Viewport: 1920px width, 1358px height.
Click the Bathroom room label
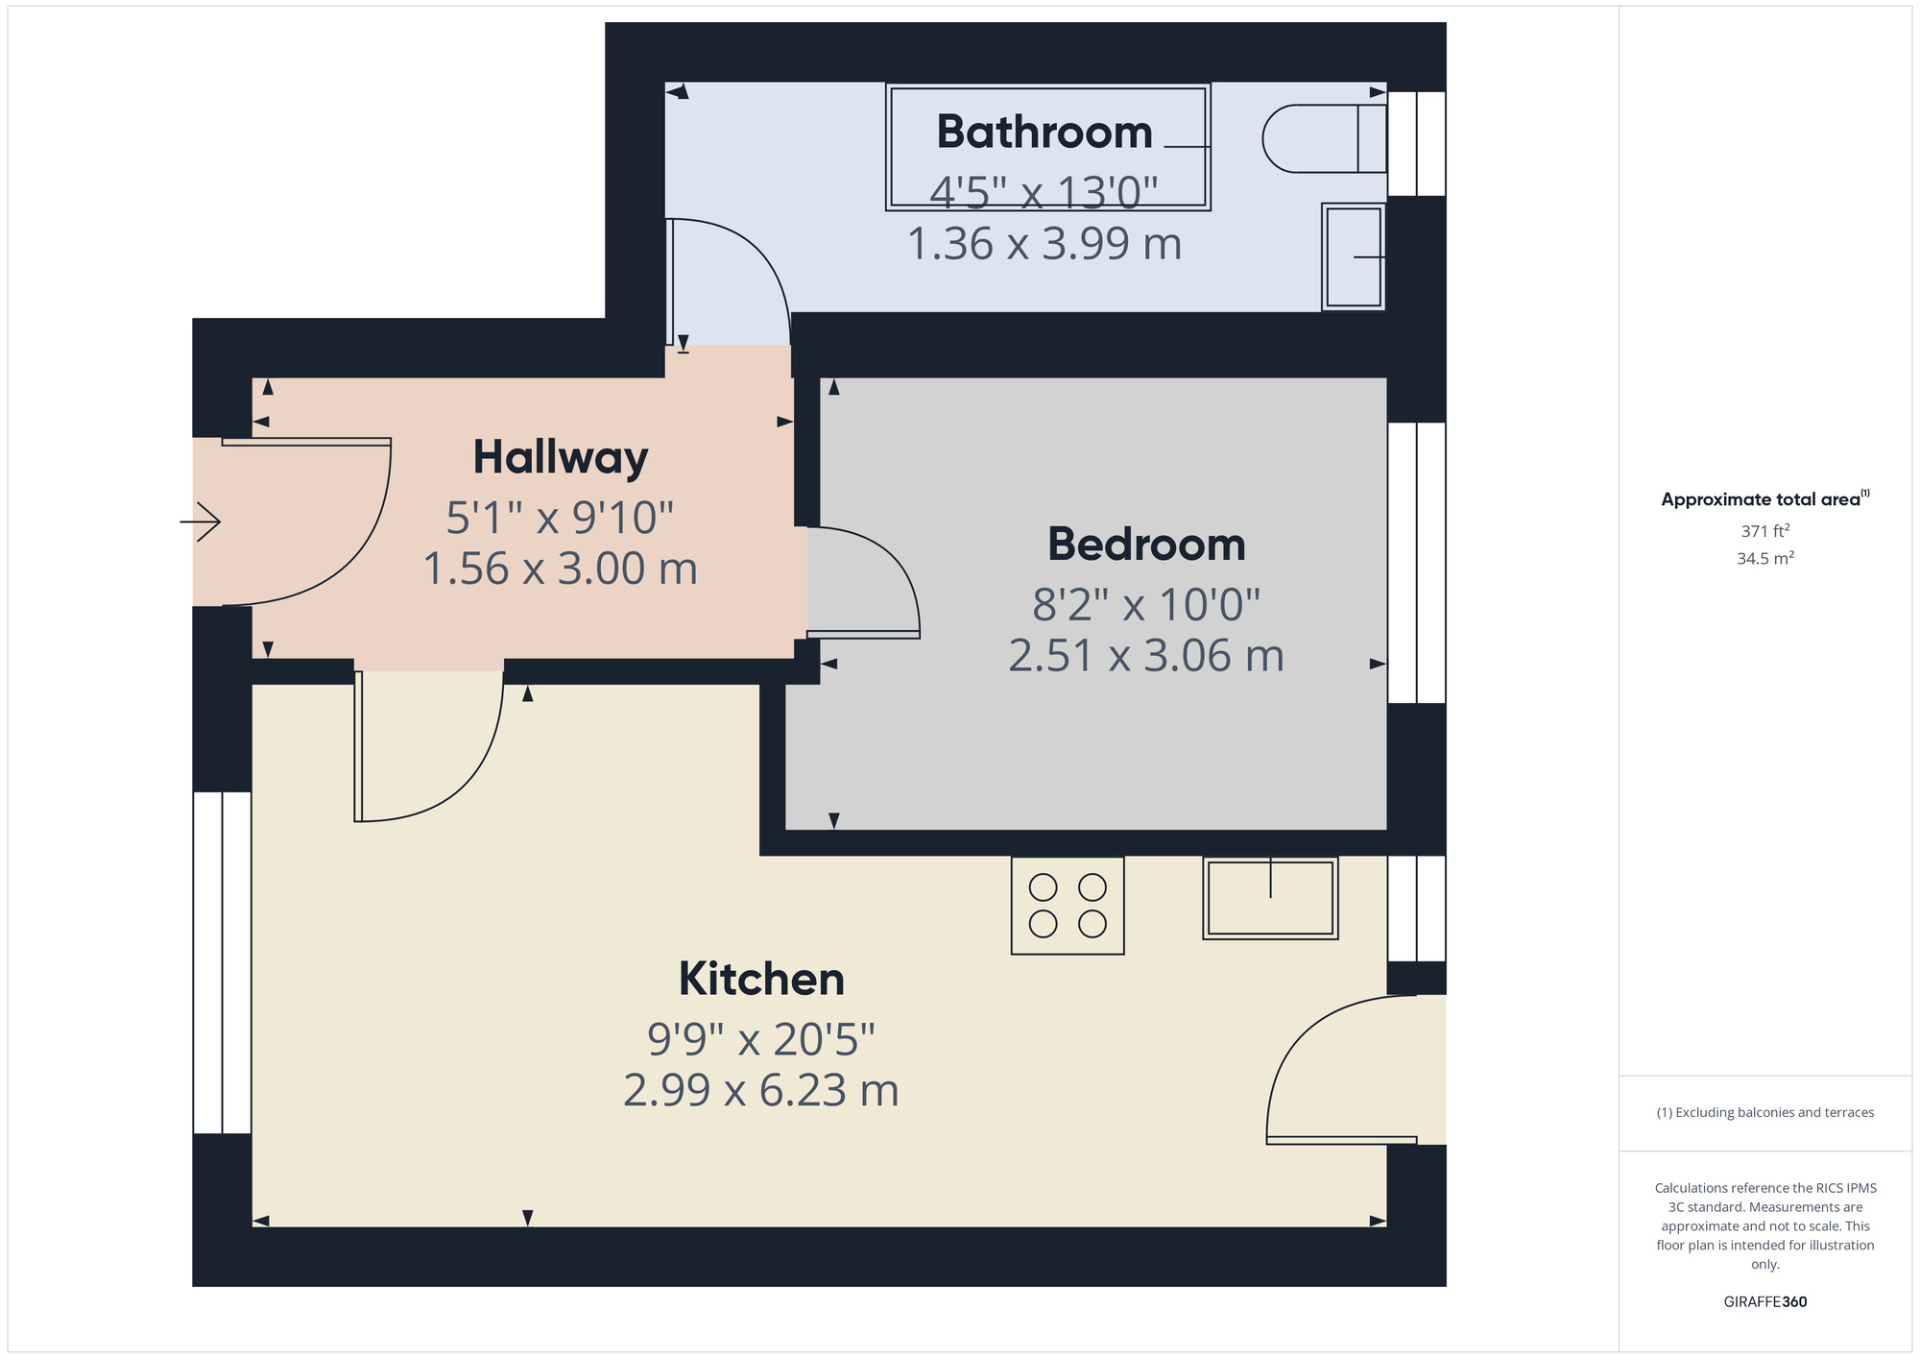1044,132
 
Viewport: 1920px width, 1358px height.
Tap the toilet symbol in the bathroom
1320,139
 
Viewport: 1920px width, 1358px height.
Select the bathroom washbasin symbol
1353,256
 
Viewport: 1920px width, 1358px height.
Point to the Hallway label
560,457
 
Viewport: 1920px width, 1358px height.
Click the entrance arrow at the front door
201,522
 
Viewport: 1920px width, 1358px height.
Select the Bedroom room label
1146,545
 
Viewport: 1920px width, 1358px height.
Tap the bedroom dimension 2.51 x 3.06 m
1146,656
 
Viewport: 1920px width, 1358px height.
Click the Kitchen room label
761,979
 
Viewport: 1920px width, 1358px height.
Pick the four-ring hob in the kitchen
1068,906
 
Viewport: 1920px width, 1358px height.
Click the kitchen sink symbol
1270,898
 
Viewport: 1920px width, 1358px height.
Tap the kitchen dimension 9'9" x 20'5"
761,1039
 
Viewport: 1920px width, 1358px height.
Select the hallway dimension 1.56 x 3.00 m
560,569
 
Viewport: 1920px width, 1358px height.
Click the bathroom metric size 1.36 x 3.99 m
1044,244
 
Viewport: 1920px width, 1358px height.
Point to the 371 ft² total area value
1764,531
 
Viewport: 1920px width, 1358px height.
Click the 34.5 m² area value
1764,558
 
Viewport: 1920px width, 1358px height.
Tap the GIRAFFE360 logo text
1764,1302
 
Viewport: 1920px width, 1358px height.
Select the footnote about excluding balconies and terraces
1764,1112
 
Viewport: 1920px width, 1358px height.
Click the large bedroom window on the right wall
1417,563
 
